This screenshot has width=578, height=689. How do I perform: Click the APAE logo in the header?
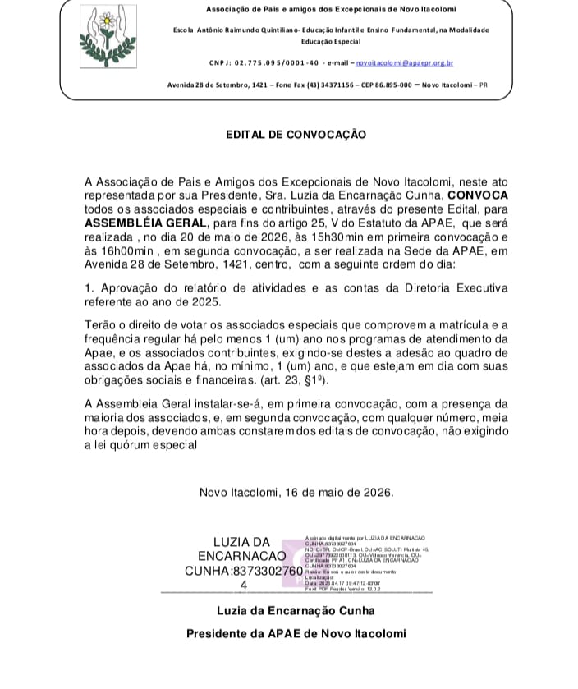[x=109, y=39]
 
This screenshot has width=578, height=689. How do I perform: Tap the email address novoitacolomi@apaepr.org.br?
[x=406, y=62]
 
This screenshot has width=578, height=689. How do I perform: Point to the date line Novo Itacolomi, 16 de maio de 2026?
[x=296, y=493]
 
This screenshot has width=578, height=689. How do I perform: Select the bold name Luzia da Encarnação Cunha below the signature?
[x=296, y=610]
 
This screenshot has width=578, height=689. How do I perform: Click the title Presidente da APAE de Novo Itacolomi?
[x=296, y=634]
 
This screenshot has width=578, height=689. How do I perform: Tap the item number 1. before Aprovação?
[x=89, y=287]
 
